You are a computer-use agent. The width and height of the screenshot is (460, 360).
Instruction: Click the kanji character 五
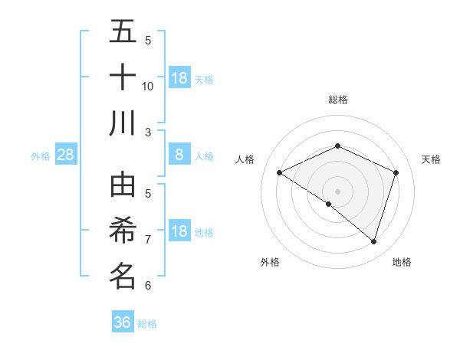(x=123, y=32)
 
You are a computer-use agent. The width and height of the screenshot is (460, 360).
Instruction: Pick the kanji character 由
(x=123, y=185)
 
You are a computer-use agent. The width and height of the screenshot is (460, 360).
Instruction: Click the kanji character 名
(x=123, y=276)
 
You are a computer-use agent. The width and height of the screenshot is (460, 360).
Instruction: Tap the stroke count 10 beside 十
(x=148, y=86)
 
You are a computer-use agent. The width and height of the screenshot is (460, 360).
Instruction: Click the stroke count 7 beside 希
(x=148, y=240)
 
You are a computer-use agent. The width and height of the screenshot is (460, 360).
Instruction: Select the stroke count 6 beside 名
(x=148, y=286)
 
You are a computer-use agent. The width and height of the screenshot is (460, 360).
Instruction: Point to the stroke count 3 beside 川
(x=148, y=132)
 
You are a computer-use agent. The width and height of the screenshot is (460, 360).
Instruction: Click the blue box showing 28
(x=65, y=155)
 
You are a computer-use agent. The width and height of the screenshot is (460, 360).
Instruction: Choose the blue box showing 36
(x=123, y=322)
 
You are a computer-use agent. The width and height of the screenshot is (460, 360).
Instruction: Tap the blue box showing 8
(x=179, y=155)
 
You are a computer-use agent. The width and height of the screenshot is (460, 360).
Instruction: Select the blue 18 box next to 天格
(x=179, y=78)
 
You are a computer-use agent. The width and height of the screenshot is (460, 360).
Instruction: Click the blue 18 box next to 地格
(x=179, y=232)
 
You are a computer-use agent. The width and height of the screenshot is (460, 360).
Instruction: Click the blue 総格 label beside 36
(x=148, y=324)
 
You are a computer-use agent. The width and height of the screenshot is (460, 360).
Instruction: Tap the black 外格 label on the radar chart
(x=270, y=262)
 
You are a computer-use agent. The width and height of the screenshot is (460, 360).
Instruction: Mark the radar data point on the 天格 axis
(x=396, y=173)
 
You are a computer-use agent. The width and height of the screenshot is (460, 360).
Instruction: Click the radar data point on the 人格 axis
(x=280, y=173)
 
